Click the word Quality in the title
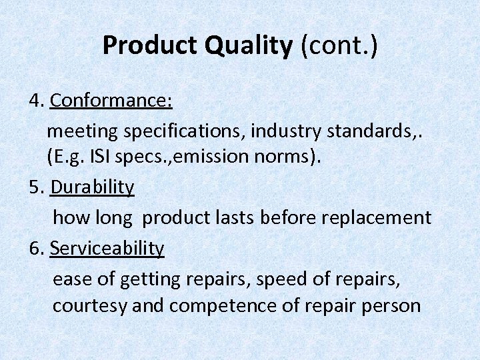pos(249,45)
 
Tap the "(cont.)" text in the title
pos(338,45)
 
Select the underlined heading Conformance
pos(111,101)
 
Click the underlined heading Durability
pos(92,187)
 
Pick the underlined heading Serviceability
pos(107,248)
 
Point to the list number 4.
pos(36,101)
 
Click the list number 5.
pos(36,187)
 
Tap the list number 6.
pos(36,248)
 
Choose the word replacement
pos(379,217)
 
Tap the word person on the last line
pos(393,306)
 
